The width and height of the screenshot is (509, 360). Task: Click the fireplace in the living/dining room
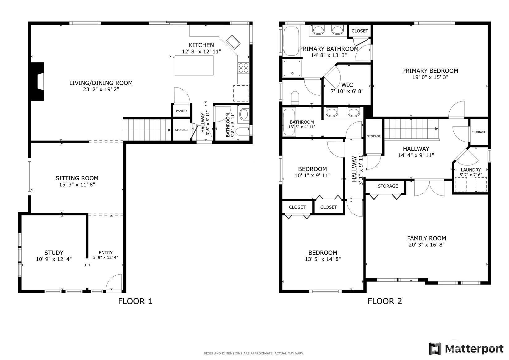37,81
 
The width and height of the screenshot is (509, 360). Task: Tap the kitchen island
194,66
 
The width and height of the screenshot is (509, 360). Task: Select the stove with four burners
243,68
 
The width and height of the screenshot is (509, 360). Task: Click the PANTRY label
181,111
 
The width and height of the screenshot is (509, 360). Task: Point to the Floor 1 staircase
147,130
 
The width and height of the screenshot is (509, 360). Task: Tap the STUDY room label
54,253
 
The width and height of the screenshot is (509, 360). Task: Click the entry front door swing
114,282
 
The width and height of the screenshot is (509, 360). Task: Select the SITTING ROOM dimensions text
77,185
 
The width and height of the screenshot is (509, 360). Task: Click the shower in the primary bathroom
292,69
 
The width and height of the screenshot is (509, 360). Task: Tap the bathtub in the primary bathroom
291,41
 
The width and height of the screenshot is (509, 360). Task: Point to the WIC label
347,85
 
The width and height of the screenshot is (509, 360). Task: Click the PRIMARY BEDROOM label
430,71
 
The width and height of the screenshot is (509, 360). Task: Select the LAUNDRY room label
471,170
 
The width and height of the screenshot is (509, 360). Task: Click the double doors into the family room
429,188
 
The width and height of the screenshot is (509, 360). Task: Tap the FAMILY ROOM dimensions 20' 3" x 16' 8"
426,245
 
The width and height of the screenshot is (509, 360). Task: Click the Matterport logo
466,349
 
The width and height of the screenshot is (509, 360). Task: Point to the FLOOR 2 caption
385,301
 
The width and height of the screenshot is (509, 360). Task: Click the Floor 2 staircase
411,129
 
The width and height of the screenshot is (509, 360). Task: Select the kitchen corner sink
233,42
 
